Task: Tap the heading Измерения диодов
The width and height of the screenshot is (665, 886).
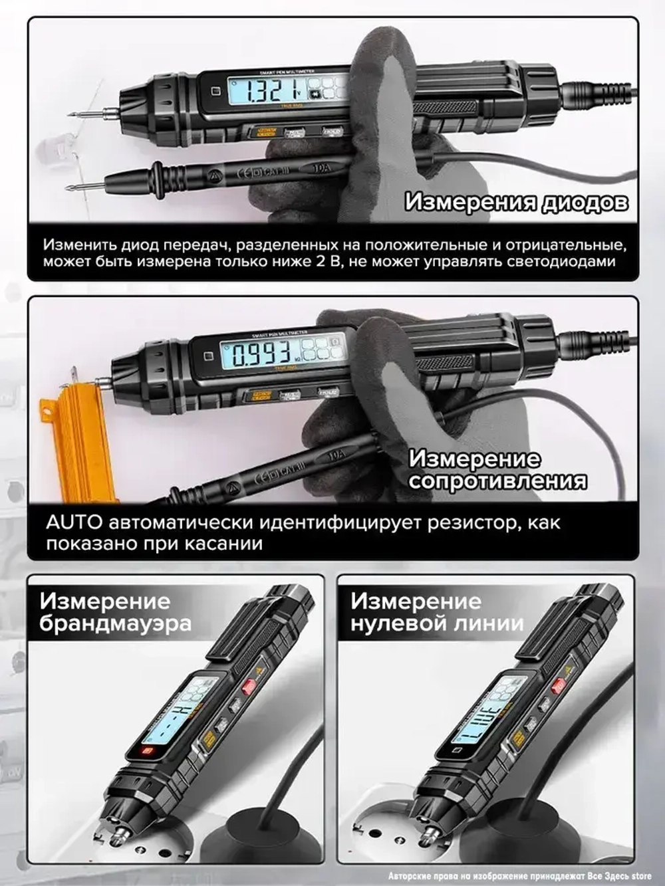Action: (x=516, y=201)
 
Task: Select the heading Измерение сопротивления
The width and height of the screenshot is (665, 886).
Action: (x=497, y=469)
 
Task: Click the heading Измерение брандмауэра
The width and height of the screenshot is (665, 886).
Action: (x=114, y=613)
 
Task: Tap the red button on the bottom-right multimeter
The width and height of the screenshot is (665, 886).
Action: (x=558, y=686)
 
